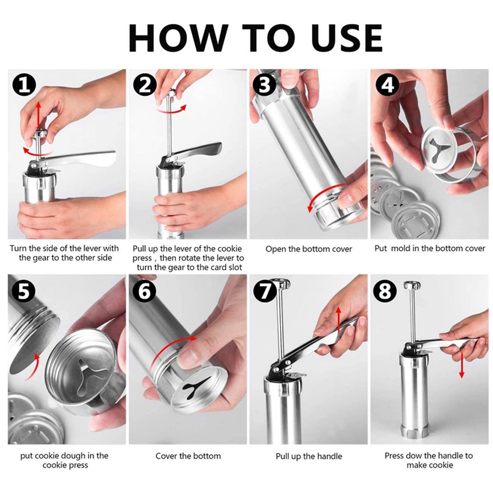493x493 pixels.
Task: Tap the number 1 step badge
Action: (24, 85)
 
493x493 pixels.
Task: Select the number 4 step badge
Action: (388, 85)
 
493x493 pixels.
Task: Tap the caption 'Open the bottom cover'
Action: (308, 249)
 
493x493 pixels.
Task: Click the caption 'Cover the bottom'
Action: (188, 456)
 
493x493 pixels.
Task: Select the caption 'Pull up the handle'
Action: (309, 456)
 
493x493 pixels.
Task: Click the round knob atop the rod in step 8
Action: (411, 285)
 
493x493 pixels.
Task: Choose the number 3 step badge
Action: (265, 85)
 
